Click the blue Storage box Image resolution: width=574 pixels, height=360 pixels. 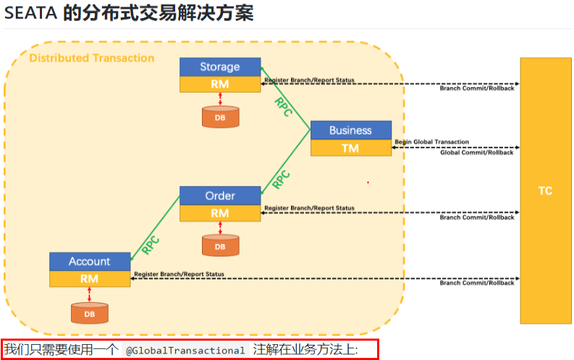tap(219, 67)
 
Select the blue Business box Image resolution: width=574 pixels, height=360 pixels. tap(350, 130)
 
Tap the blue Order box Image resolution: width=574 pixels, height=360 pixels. tap(219, 196)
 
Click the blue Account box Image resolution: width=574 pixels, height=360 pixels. tap(89, 261)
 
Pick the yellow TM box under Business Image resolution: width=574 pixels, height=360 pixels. tap(350, 148)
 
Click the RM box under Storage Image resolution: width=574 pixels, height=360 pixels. tap(219, 84)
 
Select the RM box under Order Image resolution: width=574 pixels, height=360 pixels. tap(219, 213)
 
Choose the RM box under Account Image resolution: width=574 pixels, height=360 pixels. tap(89, 278)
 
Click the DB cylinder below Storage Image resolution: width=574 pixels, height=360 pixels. tap(219, 117)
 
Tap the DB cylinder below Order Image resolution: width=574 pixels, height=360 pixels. tap(219, 246)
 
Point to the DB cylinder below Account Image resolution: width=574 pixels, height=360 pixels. tap(89, 314)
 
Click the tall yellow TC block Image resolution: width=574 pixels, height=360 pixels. tap(545, 191)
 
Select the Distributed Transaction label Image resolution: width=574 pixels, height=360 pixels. tap(91, 58)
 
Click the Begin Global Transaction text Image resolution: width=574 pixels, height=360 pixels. tap(431, 142)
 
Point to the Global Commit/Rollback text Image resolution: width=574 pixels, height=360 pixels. tap(476, 153)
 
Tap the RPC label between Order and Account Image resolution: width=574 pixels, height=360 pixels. tap(151, 243)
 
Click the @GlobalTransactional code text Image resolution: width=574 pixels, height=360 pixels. tap(185, 351)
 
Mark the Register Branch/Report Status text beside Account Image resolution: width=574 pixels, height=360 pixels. tap(179, 275)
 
